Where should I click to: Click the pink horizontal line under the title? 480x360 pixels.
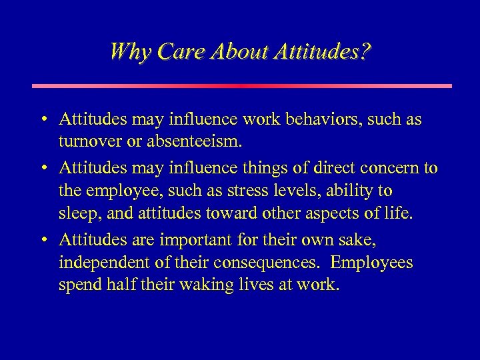(x=241, y=85)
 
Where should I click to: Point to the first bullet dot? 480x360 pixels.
(x=42, y=121)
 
